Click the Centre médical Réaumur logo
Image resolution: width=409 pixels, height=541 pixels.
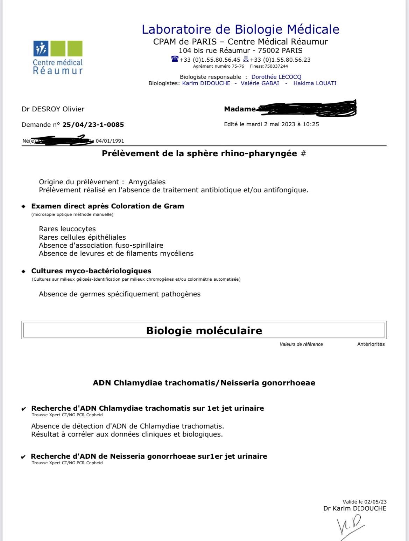pos(58,57)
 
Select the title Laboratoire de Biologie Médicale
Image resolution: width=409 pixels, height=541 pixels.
pos(240,29)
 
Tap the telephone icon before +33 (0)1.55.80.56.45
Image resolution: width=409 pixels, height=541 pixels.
pos(175,59)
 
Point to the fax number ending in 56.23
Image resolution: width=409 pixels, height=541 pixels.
pos(280,60)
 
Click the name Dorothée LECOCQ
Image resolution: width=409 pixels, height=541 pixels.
pos(276,77)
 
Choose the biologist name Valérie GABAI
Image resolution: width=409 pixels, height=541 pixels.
pos(260,83)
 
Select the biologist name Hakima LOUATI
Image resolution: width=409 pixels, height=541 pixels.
pos(315,83)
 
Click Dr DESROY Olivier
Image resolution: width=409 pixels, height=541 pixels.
pos(53,109)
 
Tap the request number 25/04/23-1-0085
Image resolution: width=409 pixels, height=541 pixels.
pos(93,124)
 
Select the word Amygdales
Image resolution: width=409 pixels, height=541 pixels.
pos(147,182)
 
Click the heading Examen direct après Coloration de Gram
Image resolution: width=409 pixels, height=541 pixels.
pos(107,206)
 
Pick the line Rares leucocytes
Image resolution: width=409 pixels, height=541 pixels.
pos(67,229)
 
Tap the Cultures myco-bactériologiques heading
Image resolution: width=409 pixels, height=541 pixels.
pos(91,271)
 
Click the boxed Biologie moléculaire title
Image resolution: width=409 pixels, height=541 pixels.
pos(204,330)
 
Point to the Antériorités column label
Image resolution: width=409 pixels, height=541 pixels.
pos(371,344)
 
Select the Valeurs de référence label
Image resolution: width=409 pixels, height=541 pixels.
pos(301,344)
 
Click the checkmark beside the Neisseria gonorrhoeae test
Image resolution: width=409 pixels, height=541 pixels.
pos(23,457)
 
